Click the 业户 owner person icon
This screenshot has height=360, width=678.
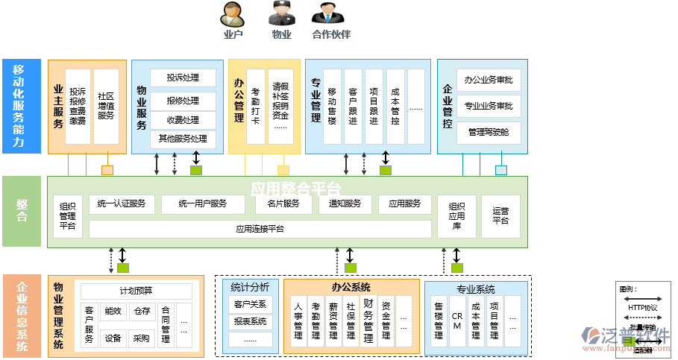[x=233, y=14]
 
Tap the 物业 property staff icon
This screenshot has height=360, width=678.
[x=281, y=14]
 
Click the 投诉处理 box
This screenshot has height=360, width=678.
[x=183, y=78]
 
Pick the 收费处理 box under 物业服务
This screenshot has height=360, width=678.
[x=183, y=120]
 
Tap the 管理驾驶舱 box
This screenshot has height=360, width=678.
[x=489, y=132]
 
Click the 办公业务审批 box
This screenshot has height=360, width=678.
[x=489, y=80]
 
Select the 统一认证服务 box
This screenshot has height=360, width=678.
[x=122, y=203]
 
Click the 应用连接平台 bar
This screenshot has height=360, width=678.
[x=260, y=229]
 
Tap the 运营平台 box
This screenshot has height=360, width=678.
[x=500, y=215]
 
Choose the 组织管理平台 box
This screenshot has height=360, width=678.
[x=68, y=216]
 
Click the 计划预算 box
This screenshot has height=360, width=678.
[x=136, y=291]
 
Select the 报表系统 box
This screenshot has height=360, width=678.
[x=250, y=322]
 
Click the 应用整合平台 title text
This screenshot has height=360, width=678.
[x=295, y=187]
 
